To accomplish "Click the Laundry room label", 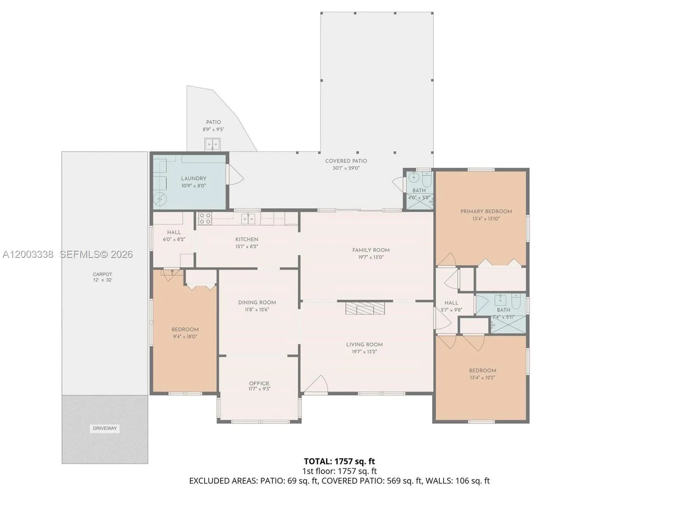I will pos(194,179).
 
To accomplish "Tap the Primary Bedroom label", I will pos(486,211).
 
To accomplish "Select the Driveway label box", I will pos(105,428).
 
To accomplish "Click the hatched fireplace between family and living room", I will pos(365,308).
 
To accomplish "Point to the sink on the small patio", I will pos(212,144).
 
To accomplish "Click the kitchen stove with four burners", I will pos(205,218).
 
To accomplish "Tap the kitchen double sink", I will pos(248,219).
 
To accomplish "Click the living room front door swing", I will pos(316,384).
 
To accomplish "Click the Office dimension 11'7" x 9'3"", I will pos(259,389).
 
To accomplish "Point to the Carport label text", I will pos(102,274).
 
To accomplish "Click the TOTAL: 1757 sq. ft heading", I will pos(339,461).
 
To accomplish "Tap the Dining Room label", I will pos(257,302).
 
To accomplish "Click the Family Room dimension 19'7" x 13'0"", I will pos(370,257).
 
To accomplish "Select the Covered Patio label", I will pos(346,161).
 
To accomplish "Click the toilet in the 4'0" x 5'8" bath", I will pos(426,179).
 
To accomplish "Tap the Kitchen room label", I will pos(247,239).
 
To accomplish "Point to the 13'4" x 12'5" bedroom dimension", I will pos(482,378).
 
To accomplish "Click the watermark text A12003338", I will pos(28,255).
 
